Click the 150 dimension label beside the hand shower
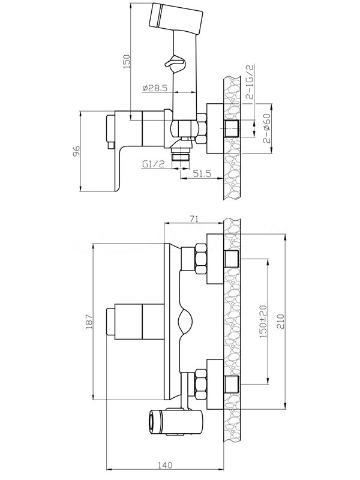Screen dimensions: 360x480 click(x=127, y=61)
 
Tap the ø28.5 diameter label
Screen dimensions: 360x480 click(x=155, y=88)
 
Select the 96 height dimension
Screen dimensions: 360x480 click(x=76, y=151)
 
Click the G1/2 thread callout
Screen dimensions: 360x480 click(x=153, y=164)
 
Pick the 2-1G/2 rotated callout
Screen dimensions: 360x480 click(x=250, y=82)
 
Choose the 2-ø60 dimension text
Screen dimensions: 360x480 click(x=267, y=128)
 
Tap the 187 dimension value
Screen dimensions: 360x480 click(x=89, y=322)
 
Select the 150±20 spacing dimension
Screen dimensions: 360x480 click(x=263, y=322)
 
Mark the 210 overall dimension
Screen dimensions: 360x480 click(x=281, y=321)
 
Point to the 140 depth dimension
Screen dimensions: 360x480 click(x=165, y=473)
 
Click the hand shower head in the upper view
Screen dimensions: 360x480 click(x=176, y=19)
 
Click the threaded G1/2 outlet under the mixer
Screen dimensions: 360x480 click(x=181, y=154)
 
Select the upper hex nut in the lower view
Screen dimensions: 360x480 click(x=200, y=259)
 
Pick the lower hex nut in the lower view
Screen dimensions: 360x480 click(x=200, y=385)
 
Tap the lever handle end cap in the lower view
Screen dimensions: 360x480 click(x=110, y=322)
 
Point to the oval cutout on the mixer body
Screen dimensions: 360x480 click(x=185, y=322)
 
